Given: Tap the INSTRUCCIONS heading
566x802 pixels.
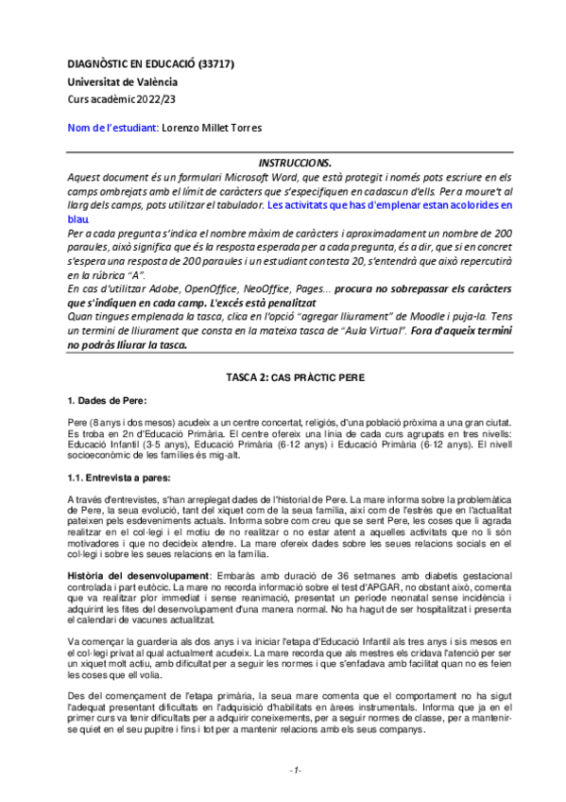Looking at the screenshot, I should click(x=294, y=163).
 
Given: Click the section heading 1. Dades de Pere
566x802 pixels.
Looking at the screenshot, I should click(x=107, y=401).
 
